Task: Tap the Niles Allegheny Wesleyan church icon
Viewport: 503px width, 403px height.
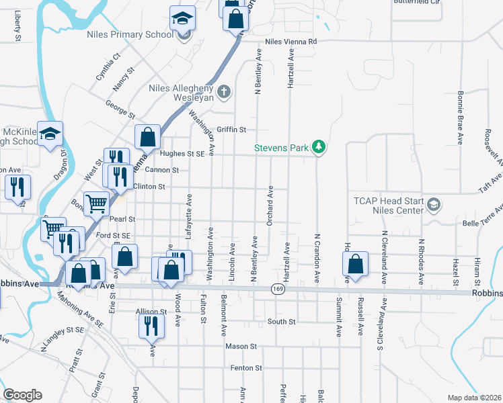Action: [224, 90]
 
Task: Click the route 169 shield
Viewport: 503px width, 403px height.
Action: [277, 289]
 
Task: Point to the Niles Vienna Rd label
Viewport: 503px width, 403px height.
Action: [291, 42]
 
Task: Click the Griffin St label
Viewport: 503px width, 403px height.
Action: [231, 129]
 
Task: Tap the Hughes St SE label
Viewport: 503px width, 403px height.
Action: [182, 154]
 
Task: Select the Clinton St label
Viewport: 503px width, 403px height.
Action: [149, 186]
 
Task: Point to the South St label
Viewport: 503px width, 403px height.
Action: [281, 322]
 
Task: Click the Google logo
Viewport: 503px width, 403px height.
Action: [22, 395]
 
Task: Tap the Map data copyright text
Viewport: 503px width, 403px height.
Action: [474, 398]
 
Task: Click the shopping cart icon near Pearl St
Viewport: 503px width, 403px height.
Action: [97, 203]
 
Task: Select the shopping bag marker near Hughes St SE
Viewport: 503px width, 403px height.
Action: [147, 136]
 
